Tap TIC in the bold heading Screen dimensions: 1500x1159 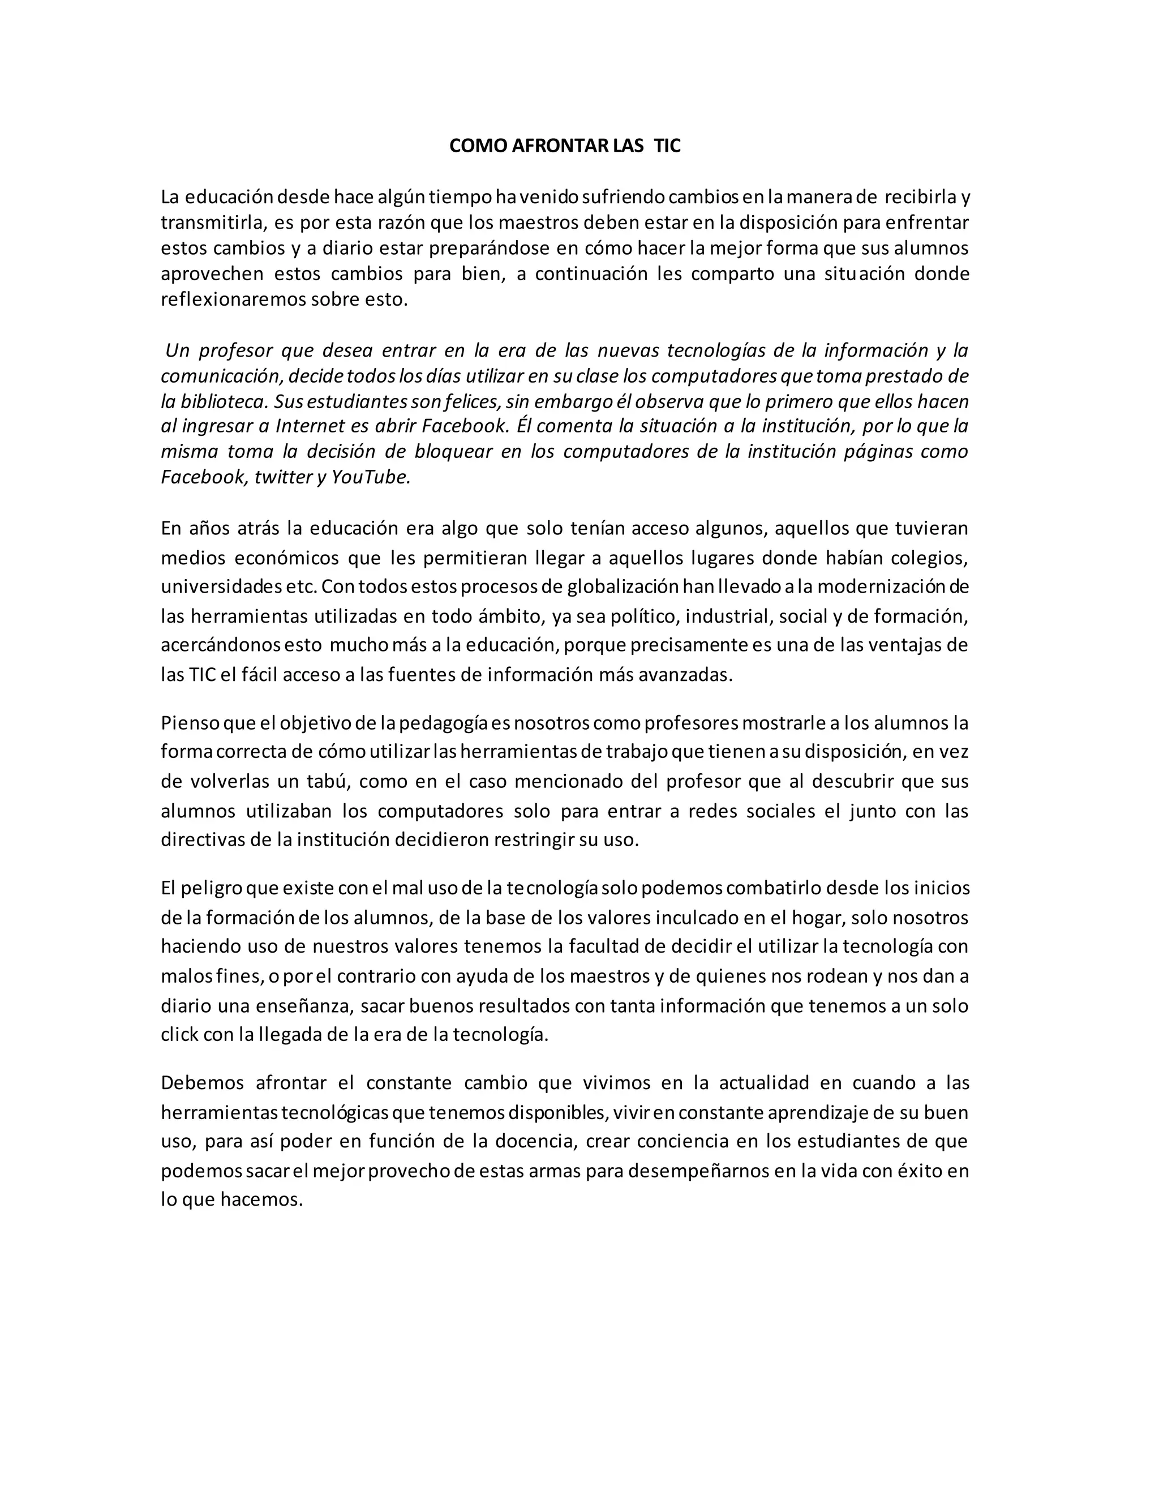tap(667, 146)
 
